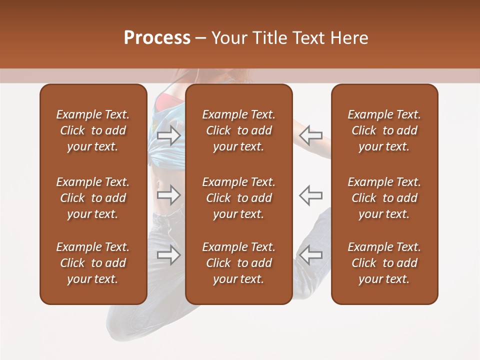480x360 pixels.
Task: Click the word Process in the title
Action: pyautogui.click(x=157, y=38)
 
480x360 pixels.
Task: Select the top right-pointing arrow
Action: pyautogui.click(x=168, y=135)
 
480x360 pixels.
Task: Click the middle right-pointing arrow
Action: pyautogui.click(x=168, y=195)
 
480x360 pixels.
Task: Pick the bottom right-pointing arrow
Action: pyautogui.click(x=168, y=255)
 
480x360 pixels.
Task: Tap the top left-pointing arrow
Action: pyautogui.click(x=311, y=135)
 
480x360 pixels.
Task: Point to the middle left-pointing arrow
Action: pyautogui.click(x=311, y=195)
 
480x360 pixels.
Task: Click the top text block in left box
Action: pyautogui.click(x=93, y=130)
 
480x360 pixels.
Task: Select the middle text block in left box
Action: pyautogui.click(x=93, y=198)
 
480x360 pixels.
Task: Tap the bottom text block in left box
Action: pyautogui.click(x=93, y=263)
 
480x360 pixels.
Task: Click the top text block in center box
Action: pyautogui.click(x=238, y=130)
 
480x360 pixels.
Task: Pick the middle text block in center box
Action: pyautogui.click(x=238, y=198)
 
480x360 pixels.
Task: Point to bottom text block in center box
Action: pyautogui.click(x=238, y=263)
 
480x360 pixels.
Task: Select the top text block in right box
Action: pyautogui.click(x=384, y=130)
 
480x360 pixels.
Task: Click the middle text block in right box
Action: pyautogui.click(x=384, y=198)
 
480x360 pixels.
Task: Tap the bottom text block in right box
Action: pyautogui.click(x=384, y=263)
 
